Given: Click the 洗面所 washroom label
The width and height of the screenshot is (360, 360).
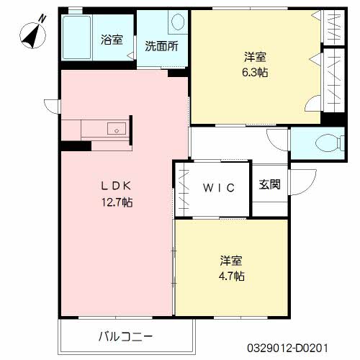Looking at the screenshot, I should coord(162,48).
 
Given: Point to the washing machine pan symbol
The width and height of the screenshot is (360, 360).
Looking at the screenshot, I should coord(176,24).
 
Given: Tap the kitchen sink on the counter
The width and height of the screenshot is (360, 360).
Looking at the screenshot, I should coord(116,130).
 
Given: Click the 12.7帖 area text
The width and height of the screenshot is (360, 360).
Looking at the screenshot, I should coord(117,202).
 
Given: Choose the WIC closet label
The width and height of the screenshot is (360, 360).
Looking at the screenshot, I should coord(217,189).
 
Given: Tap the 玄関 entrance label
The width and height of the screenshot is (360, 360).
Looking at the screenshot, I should coord(269,184).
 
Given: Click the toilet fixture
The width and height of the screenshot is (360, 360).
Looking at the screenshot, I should coord(328,142).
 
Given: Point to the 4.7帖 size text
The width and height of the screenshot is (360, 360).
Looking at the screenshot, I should coord(232,276).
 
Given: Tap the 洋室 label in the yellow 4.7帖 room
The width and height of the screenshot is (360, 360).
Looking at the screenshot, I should coord(231,259).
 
